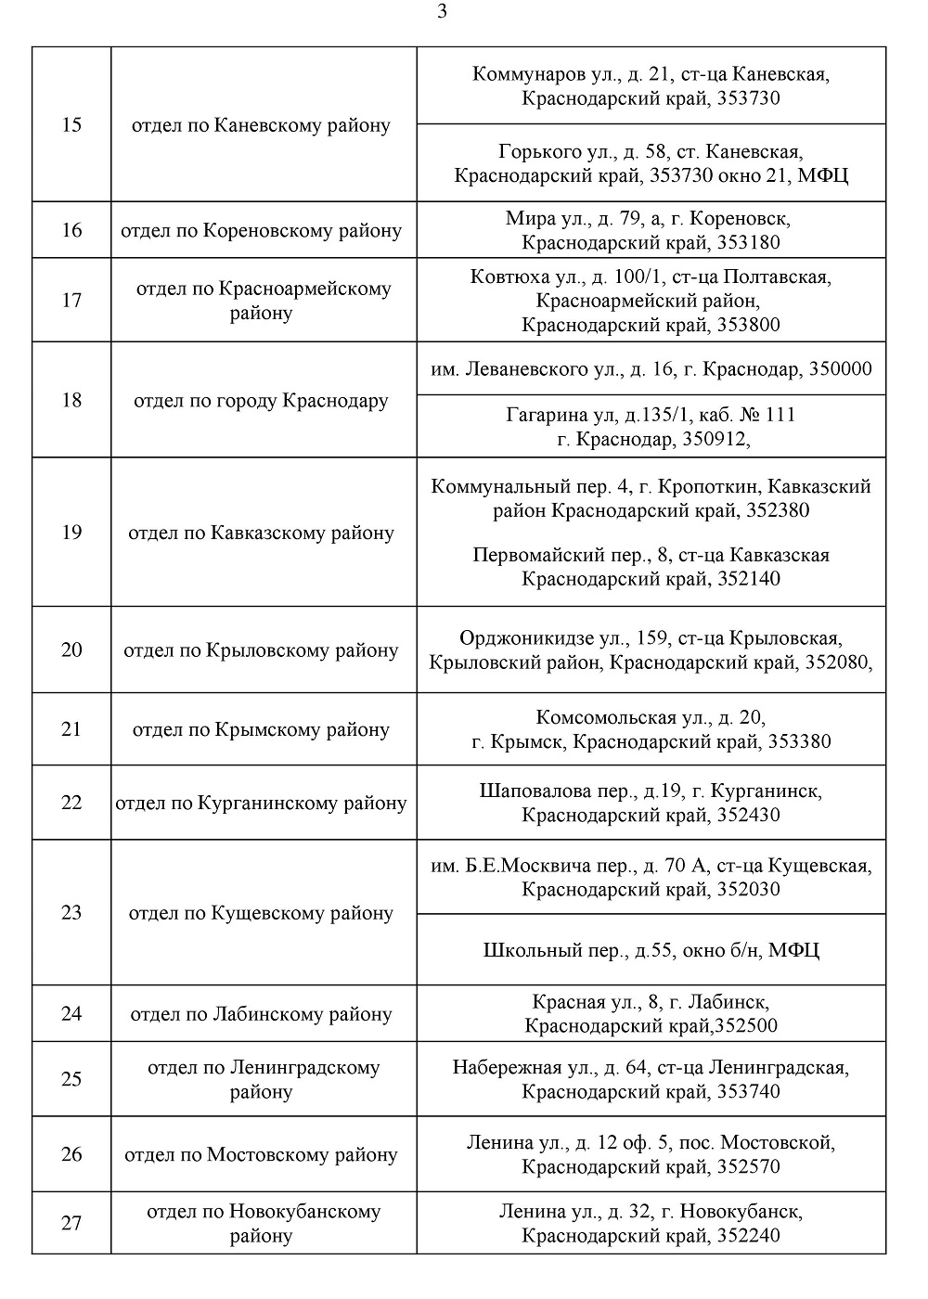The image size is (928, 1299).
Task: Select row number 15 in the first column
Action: point(71,124)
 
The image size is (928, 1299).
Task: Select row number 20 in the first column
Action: point(71,649)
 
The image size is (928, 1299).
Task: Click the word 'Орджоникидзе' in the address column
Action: point(522,638)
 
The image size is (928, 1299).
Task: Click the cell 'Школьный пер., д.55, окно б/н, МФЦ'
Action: point(651,950)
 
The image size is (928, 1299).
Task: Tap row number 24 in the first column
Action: point(71,1013)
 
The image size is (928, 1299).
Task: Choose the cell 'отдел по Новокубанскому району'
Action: point(263,1223)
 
